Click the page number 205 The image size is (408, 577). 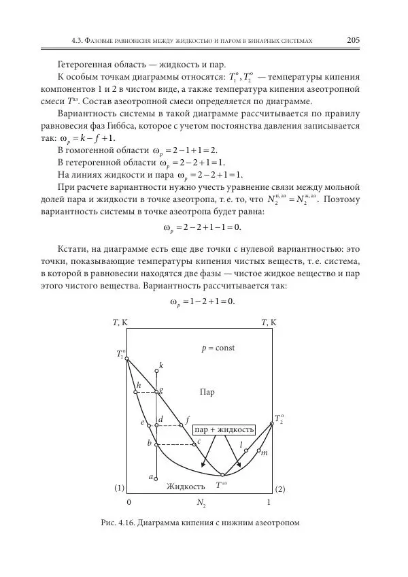pyautogui.click(x=353, y=40)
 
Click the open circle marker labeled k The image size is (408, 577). pyautogui.click(x=156, y=372)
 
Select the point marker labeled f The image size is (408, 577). pyautogui.click(x=181, y=425)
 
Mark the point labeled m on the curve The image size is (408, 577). pyautogui.click(x=259, y=450)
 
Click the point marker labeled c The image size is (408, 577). pyautogui.click(x=194, y=444)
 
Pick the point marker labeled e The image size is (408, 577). pyautogui.click(x=148, y=425)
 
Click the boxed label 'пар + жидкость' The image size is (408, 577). pyautogui.click(x=224, y=429)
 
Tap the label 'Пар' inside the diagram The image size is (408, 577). pyautogui.click(x=207, y=392)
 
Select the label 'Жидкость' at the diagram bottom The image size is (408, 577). pyautogui.click(x=186, y=487)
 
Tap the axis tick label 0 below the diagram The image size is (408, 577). pyautogui.click(x=129, y=503)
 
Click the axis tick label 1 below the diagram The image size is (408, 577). pyautogui.click(x=269, y=503)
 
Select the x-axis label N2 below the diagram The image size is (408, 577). pyautogui.click(x=201, y=504)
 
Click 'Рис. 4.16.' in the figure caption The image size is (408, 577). pyautogui.click(x=119, y=523)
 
